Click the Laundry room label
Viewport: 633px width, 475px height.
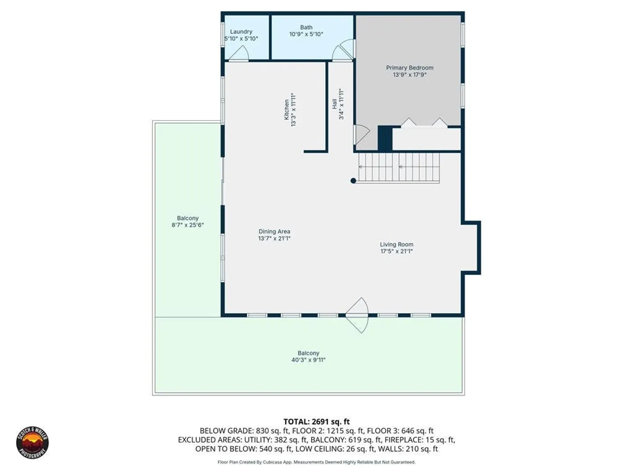point(241,31)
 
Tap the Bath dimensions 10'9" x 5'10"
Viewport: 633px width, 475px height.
point(306,34)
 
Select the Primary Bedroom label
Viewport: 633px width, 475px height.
point(410,68)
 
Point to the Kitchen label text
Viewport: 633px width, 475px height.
point(286,110)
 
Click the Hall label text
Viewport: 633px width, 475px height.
point(335,104)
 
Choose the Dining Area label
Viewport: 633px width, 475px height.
point(274,231)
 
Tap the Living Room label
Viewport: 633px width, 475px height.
point(397,244)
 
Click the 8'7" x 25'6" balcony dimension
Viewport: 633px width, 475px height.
point(188,225)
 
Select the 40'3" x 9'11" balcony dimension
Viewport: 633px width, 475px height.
point(308,360)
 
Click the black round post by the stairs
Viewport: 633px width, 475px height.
point(353,181)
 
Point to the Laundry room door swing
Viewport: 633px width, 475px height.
point(239,54)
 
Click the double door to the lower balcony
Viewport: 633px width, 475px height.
point(357,315)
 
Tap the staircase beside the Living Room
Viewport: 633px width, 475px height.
point(399,168)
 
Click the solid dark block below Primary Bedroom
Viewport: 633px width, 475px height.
point(385,138)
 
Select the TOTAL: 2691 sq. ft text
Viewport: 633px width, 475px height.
point(316,422)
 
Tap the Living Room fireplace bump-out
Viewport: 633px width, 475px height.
point(471,248)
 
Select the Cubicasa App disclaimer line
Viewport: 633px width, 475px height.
point(316,462)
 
